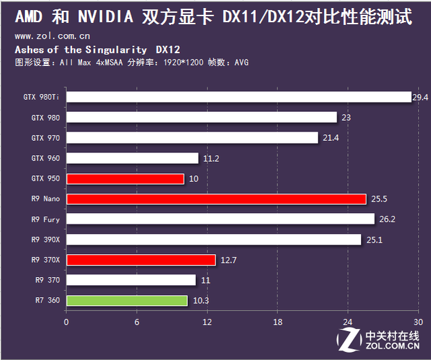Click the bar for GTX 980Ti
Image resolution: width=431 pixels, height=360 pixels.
tap(238, 97)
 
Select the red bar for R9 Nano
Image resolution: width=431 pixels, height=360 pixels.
tap(216, 199)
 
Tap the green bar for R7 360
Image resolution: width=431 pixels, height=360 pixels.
tap(127, 301)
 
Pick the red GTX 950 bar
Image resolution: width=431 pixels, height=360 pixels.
tap(125, 179)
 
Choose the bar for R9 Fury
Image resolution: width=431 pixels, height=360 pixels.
tap(220, 219)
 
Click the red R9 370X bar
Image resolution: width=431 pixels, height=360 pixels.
tap(141, 260)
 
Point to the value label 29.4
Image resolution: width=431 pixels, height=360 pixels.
tap(420, 97)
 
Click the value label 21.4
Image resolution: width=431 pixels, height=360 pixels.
tap(330, 138)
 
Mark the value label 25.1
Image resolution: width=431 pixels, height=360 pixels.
tap(374, 239)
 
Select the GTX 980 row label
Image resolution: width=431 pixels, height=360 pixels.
tap(45, 118)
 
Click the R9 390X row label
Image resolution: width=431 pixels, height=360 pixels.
tap(45, 239)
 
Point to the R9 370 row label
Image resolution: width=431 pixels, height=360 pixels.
tap(47, 280)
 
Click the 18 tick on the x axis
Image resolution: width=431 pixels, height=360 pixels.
tap(277, 322)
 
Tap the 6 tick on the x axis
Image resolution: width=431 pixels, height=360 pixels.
tap(137, 322)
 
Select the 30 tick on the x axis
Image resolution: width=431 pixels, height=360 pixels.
tap(418, 322)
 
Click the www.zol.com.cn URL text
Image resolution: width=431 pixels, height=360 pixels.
tap(53, 36)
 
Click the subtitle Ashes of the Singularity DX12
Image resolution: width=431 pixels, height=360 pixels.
tap(97, 49)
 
